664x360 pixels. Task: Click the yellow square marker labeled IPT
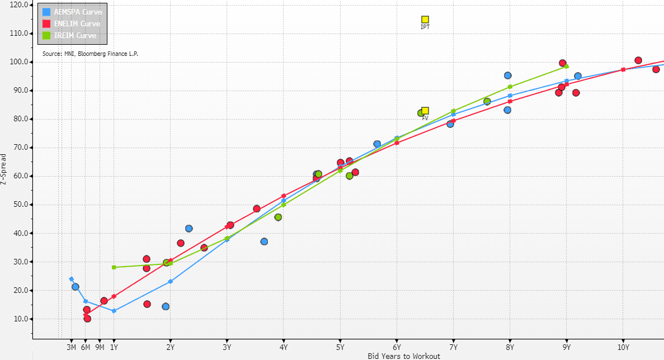click(425, 20)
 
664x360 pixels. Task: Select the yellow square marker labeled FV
click(425, 111)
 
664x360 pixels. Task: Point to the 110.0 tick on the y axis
click(19, 33)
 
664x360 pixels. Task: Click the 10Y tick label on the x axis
click(623, 347)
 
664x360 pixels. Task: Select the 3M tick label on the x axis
click(72, 347)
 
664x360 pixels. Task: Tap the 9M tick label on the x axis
click(100, 347)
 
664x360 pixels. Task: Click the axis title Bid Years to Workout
click(404, 356)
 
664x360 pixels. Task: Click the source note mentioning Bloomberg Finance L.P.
click(90, 54)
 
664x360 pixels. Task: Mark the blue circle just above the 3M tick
click(76, 287)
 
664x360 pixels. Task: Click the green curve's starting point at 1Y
click(114, 267)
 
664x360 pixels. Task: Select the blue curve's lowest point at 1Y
click(114, 311)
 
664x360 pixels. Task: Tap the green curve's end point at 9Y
click(567, 66)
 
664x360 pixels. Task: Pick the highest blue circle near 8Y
click(508, 75)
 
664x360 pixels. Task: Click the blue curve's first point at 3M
click(71, 279)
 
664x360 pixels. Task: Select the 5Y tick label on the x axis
click(340, 347)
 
